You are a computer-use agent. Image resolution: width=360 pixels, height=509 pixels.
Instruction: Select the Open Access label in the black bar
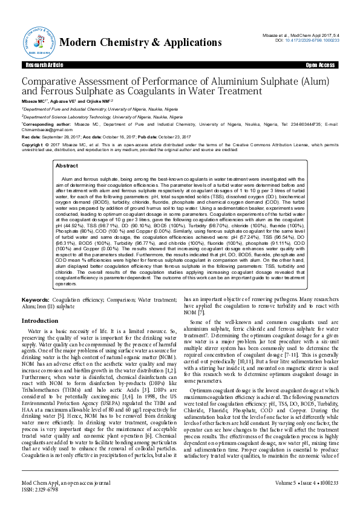[320, 65]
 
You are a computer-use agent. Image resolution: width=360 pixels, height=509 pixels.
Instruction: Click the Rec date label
[31, 137]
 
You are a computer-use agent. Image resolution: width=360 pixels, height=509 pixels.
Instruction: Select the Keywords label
[35, 300]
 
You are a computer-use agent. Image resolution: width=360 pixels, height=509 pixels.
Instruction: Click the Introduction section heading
[40, 321]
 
